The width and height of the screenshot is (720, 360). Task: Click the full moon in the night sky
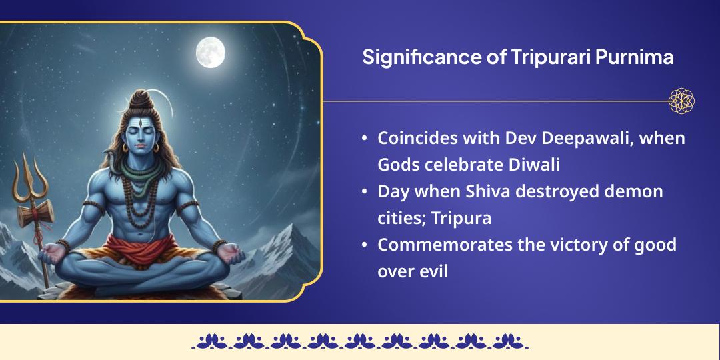pos(210,51)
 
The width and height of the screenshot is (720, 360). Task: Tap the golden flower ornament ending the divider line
pos(681,101)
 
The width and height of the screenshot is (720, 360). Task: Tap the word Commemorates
pos(445,245)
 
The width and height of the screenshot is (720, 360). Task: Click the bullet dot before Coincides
pos(364,139)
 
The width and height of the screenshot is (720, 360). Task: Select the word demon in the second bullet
pos(634,192)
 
